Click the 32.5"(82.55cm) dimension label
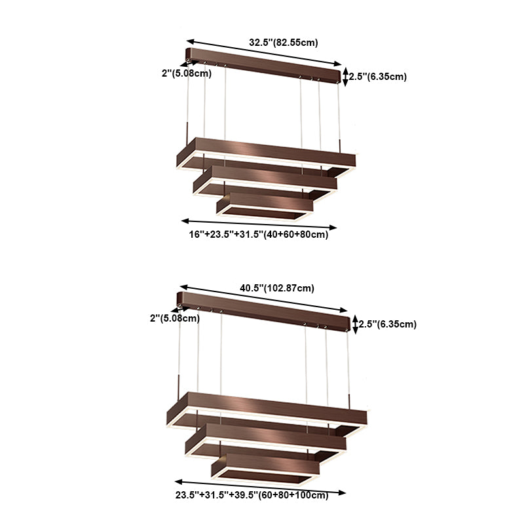tap(283, 43)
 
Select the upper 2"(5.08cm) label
tap(186, 73)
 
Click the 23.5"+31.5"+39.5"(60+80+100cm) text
tap(251, 496)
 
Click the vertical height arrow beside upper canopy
tap(346, 76)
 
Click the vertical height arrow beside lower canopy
tap(355, 324)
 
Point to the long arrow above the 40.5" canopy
tap(266, 298)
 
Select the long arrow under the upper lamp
tap(259, 224)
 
